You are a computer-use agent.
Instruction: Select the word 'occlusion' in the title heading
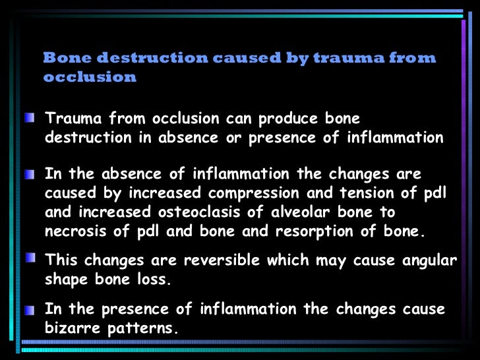[x=90, y=77]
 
